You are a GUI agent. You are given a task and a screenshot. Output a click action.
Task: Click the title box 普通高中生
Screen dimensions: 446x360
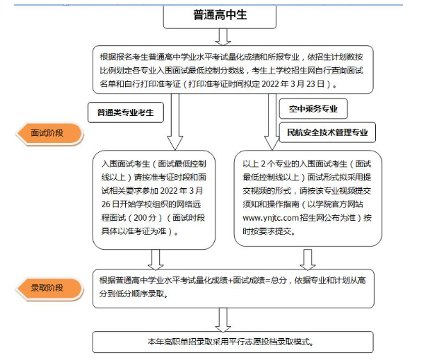220,16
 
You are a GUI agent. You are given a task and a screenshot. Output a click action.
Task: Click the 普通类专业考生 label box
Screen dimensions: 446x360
126,112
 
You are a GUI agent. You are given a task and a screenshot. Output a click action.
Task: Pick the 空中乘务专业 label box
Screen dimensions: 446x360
313,109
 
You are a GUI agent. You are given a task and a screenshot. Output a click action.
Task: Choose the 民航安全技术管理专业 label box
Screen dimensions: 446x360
327,132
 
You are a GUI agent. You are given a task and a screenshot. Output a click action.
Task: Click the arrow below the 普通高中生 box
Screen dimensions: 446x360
223,37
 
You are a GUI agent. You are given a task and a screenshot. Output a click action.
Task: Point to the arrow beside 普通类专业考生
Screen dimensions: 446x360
175,122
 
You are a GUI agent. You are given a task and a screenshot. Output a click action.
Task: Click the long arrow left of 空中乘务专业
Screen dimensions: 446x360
272,122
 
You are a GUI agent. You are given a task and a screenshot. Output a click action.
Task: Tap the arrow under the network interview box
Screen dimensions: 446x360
155,260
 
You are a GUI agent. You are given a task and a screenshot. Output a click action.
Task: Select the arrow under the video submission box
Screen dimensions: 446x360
307,260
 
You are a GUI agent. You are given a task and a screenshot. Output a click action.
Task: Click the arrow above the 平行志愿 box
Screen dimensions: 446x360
223,320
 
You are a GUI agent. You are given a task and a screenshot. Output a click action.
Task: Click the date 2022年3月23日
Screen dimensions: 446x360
293,84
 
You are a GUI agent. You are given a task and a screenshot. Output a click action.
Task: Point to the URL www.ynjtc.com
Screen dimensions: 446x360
270,218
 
